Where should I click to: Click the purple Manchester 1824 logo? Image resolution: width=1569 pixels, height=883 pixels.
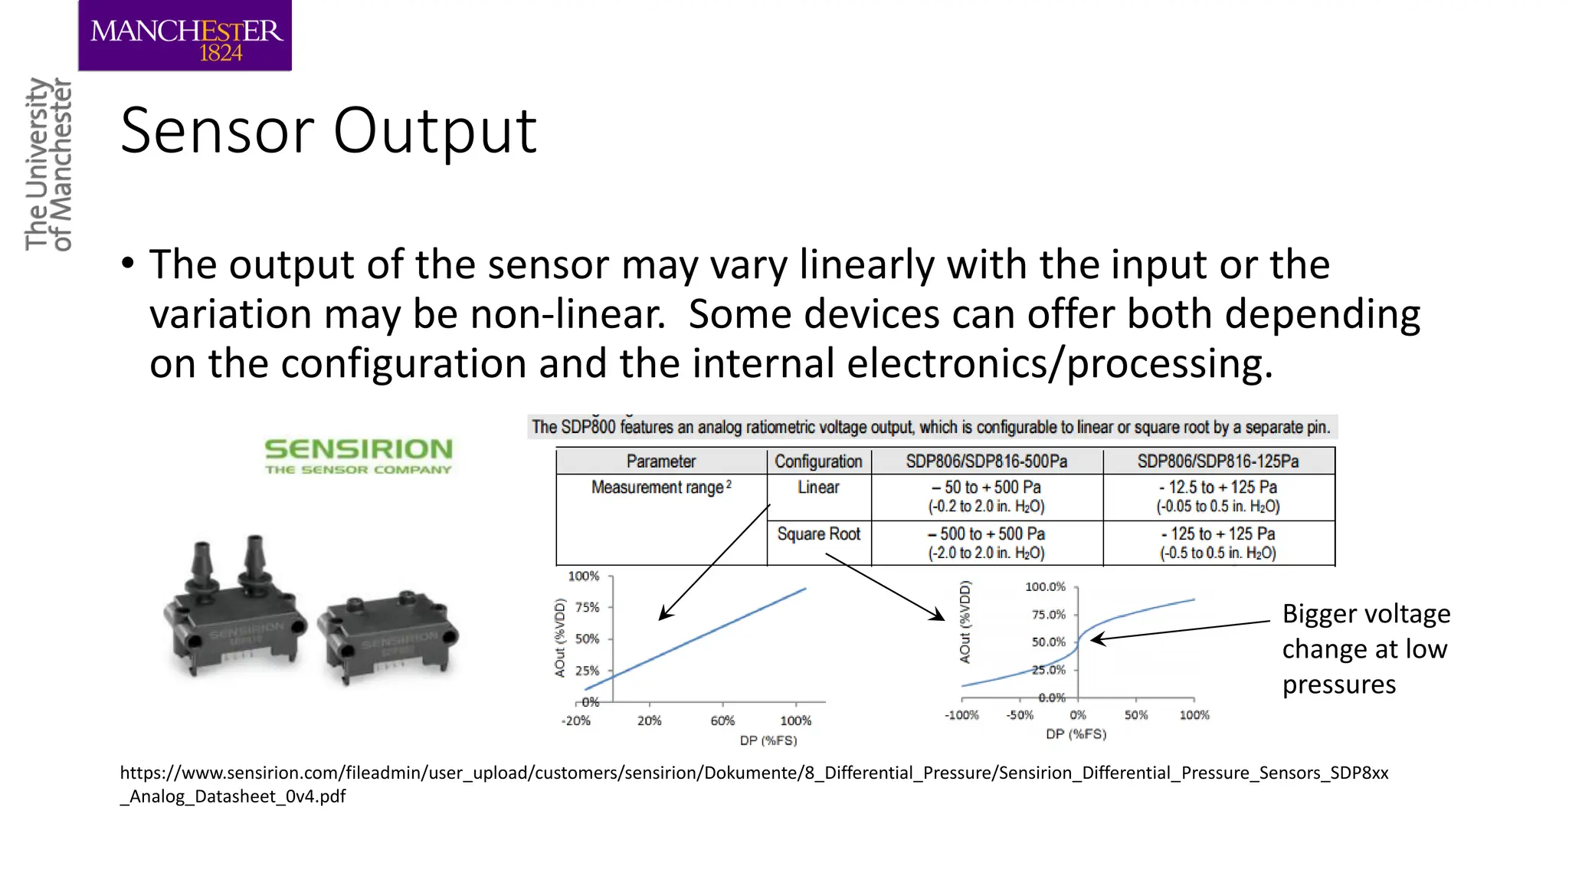coord(185,36)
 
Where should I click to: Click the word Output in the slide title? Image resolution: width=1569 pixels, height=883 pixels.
coord(434,131)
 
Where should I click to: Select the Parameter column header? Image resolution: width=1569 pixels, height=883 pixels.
coord(660,461)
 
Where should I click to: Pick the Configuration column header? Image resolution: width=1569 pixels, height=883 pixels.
coord(818,461)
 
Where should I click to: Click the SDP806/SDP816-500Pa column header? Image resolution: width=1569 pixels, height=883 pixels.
coord(986,461)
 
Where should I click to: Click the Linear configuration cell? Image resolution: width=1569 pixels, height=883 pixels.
coord(818,487)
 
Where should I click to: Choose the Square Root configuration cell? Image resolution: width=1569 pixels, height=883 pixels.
coord(818,534)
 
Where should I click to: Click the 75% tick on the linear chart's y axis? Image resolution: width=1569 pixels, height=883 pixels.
coord(588,607)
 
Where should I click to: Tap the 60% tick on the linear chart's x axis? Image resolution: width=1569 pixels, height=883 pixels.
coord(722,721)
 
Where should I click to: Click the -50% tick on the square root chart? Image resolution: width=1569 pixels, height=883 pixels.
coord(1020,715)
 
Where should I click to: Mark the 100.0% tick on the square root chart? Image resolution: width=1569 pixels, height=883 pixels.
coord(1046,587)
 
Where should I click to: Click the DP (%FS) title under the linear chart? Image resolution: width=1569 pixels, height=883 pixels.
coord(768,740)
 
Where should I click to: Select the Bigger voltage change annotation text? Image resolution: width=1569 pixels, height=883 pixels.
coord(1365,648)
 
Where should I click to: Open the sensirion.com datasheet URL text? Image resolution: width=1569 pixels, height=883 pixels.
coord(754,783)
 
